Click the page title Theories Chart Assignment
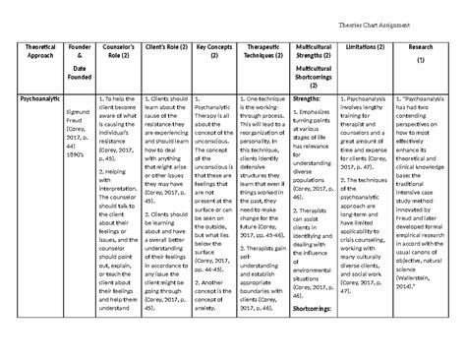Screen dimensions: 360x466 (399, 14)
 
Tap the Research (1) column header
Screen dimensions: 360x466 (420, 54)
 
